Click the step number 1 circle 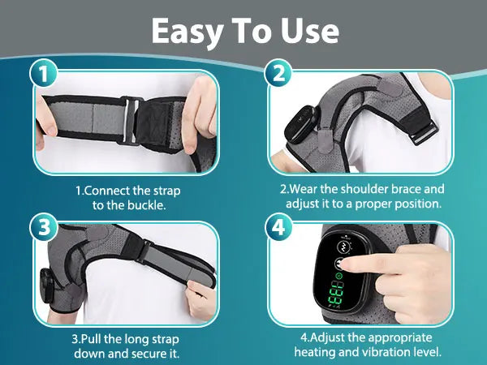tap(45, 75)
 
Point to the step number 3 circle tap(45, 228)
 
